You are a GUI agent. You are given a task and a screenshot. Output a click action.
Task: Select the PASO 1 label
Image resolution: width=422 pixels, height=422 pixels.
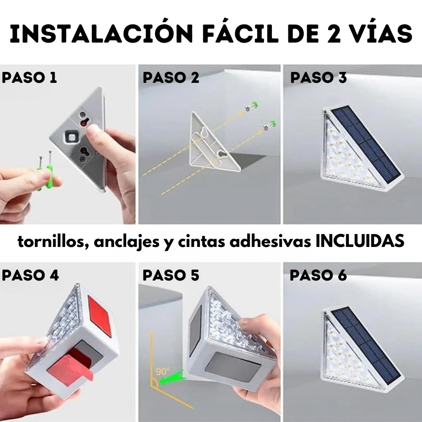click(29, 77)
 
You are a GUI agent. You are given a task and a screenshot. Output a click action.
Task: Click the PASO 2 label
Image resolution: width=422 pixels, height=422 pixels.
click(171, 77)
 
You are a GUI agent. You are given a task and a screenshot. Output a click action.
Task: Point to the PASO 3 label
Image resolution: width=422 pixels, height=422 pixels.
click(318, 77)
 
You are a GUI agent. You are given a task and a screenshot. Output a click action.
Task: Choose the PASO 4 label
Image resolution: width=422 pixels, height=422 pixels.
click(30, 275)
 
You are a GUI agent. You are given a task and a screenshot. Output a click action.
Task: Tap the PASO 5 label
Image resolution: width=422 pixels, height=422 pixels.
click(171, 275)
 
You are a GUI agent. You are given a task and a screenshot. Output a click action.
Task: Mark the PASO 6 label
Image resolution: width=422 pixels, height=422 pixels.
click(318, 275)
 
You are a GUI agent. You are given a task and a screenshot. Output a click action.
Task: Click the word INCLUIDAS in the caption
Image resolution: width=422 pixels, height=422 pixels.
click(360, 241)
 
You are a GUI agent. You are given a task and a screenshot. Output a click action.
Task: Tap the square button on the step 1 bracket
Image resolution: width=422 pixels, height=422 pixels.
click(72, 137)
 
